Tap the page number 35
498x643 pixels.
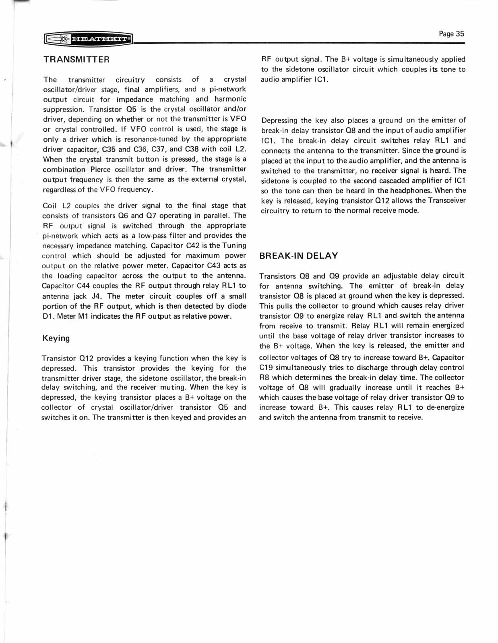coord(451,34)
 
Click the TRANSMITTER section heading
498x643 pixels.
coord(76,60)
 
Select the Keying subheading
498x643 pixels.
coord(56,338)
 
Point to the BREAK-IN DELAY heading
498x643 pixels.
coord(299,256)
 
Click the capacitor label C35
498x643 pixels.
coord(109,149)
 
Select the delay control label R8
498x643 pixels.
coord(264,378)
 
